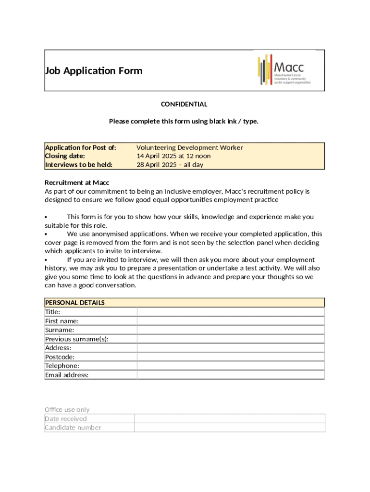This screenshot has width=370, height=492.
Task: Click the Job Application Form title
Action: [94, 71]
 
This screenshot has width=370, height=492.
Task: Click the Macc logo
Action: [284, 70]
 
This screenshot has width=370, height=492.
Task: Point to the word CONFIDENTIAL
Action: [184, 104]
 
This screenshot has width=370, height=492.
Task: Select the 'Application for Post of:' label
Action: [81, 148]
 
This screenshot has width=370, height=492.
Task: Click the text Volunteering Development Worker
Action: [190, 148]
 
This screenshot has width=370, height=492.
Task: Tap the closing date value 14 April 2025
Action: [173, 156]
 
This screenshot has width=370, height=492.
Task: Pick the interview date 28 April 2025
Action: [170, 165]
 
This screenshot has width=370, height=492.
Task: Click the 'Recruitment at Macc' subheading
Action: [77, 183]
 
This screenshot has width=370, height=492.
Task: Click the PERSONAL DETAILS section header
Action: [75, 303]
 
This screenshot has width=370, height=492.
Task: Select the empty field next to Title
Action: [231, 312]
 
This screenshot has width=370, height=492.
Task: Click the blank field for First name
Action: [231, 321]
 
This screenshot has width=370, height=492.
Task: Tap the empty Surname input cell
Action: [231, 330]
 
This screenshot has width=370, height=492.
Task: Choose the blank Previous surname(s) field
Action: [231, 339]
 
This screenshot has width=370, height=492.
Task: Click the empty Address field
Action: [231, 348]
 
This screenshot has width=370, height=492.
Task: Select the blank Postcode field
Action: [231, 357]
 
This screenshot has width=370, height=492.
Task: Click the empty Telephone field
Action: [231, 366]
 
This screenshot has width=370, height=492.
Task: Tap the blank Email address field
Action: [231, 375]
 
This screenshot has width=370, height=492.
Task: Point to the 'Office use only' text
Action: [67, 409]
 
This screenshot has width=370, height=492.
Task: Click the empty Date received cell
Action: [229, 418]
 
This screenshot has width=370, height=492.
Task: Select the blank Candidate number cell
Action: [229, 428]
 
